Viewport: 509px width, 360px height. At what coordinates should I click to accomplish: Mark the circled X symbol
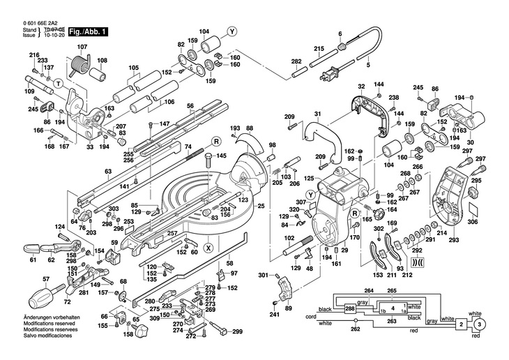[x=208, y=247]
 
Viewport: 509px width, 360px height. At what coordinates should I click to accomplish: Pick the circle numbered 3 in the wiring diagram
[x=479, y=325]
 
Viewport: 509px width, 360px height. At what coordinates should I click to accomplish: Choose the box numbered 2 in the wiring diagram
[x=461, y=325]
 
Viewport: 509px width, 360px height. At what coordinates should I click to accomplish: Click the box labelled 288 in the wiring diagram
[x=349, y=308]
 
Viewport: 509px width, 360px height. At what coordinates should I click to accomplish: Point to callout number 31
[x=317, y=114]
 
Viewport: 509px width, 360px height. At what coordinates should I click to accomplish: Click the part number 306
[x=472, y=221]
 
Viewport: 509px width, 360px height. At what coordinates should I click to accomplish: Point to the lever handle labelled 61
[x=31, y=248]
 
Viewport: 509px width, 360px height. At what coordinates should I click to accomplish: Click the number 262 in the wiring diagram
[x=355, y=329]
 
